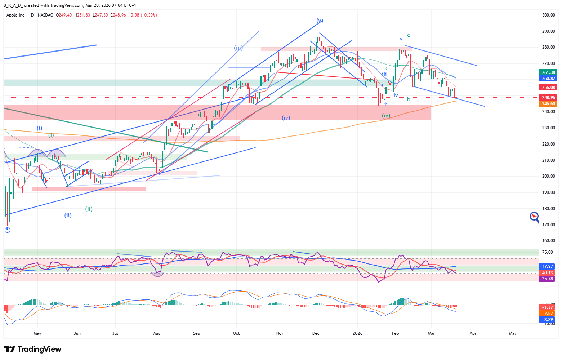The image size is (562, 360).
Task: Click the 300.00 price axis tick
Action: [548, 15]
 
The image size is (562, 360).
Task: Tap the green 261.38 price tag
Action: [548, 72]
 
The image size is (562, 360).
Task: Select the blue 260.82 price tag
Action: [548, 79]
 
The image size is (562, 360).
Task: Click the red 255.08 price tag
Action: [548, 87]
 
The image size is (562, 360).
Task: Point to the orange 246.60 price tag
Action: [548, 104]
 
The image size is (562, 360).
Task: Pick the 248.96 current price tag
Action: [548, 98]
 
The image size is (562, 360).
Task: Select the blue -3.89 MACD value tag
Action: [548, 320]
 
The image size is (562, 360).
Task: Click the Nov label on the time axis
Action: [280, 333]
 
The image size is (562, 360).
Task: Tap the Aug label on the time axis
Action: [157, 333]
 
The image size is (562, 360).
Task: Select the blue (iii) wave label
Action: [238, 48]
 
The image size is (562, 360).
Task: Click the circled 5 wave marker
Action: [7, 230]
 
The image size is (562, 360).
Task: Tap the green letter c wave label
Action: [409, 35]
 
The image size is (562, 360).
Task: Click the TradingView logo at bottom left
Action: [33, 349]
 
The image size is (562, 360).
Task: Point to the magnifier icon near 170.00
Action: [534, 217]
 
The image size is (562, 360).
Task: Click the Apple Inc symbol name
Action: [15, 15]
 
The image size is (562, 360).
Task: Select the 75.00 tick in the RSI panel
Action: [547, 252]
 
